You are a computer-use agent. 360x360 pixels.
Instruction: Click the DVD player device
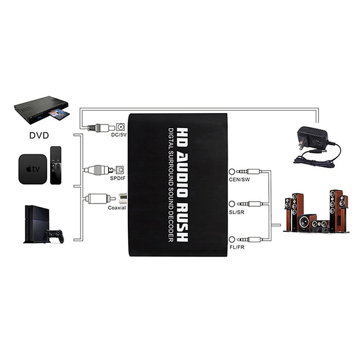click(41, 110)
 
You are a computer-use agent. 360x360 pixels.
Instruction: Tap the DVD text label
click(39, 136)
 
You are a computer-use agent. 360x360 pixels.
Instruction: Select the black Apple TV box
click(33, 169)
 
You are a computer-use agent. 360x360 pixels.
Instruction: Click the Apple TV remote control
click(55, 165)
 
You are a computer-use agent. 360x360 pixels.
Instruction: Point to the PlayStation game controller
click(53, 236)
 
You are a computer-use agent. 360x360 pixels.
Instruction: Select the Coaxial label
click(117, 208)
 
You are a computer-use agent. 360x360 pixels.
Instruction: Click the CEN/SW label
click(239, 179)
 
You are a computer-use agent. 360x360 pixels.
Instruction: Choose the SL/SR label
click(237, 212)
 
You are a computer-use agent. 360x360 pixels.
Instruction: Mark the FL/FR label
click(237, 247)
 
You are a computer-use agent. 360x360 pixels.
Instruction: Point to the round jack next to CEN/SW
click(232, 172)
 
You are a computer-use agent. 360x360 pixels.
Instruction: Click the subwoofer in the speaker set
click(307, 223)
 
